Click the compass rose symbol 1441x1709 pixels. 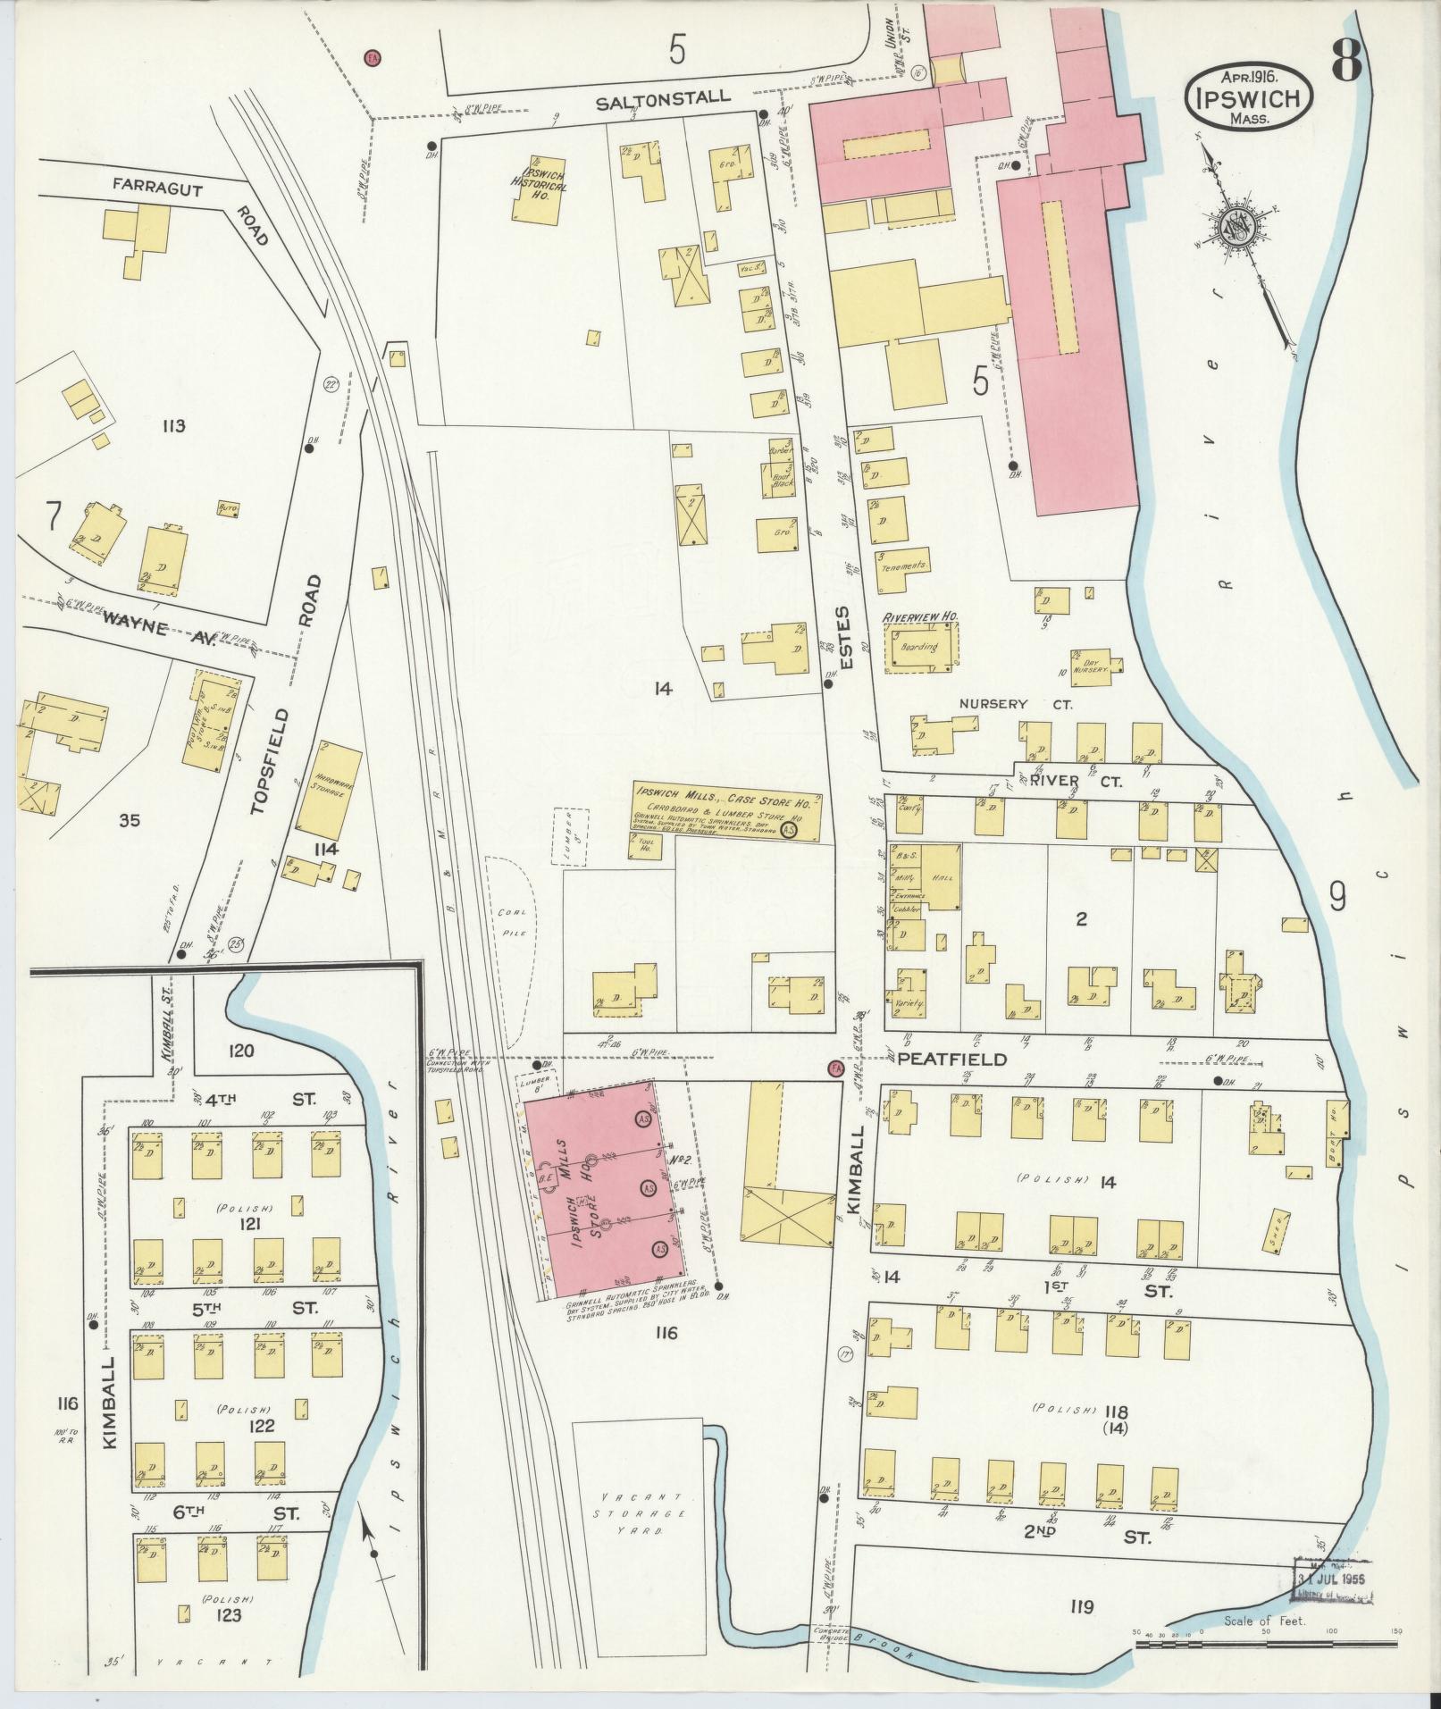(1236, 228)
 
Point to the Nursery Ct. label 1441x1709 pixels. (1015, 705)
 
